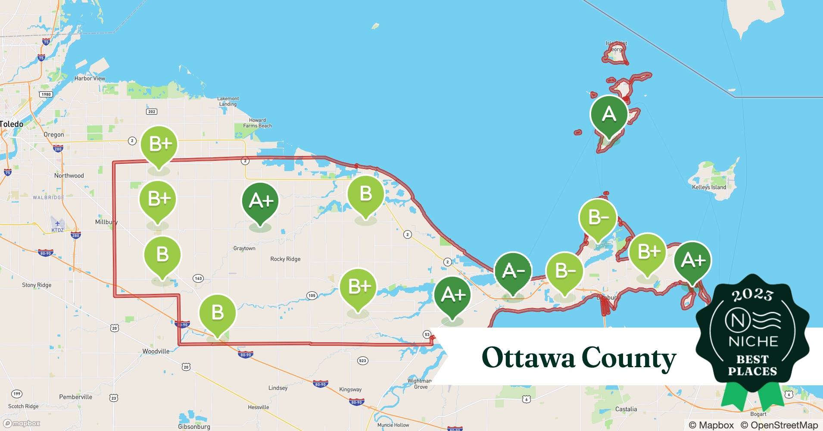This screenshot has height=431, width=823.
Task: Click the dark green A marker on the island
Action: point(608,115)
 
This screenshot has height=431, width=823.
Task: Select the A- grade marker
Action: point(513,271)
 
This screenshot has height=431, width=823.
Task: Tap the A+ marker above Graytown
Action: point(260,201)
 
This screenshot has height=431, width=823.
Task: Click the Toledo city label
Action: point(12,124)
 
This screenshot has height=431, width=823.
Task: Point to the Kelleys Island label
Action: point(709,187)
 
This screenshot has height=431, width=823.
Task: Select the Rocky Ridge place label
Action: point(285,259)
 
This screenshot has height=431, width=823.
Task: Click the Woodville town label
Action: point(156,351)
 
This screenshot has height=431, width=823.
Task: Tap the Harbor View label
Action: point(90,78)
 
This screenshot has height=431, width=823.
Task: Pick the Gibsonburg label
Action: point(194,427)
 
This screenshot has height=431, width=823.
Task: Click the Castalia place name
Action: point(626,409)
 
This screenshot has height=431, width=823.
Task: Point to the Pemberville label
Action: point(75,397)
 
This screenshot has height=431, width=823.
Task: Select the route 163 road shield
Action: point(198,278)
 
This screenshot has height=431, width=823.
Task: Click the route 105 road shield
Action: point(312,295)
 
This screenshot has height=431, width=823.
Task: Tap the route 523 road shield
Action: point(362,361)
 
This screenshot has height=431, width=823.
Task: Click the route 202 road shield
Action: point(152,112)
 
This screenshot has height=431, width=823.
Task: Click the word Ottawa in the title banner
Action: point(528,358)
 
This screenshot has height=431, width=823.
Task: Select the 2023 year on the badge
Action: point(752,295)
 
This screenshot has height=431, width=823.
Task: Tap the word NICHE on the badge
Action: point(753,341)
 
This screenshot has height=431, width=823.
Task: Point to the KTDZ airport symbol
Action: point(57,224)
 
